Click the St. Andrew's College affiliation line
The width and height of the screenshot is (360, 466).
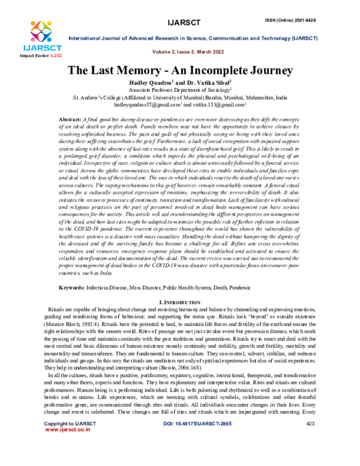[180, 97]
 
